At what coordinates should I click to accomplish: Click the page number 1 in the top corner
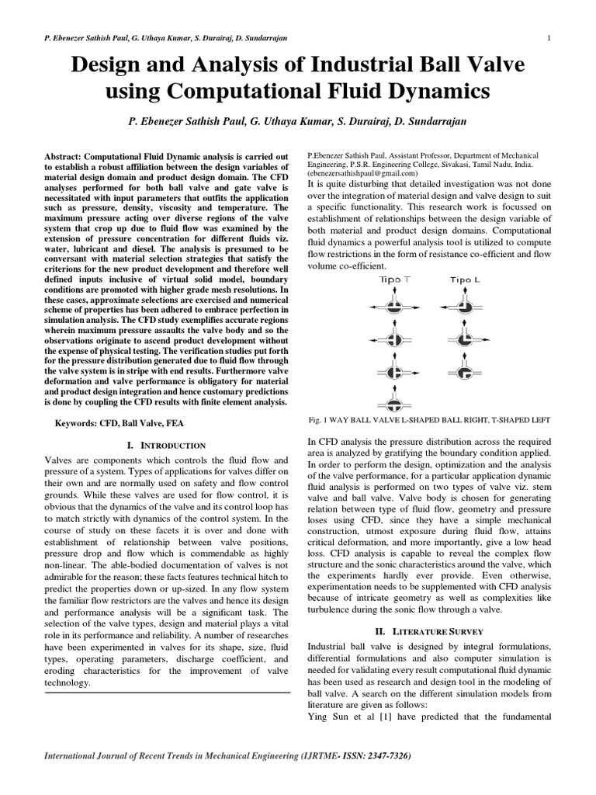point(549,38)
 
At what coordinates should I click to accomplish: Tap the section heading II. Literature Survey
point(429,631)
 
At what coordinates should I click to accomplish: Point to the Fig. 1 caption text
point(429,420)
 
